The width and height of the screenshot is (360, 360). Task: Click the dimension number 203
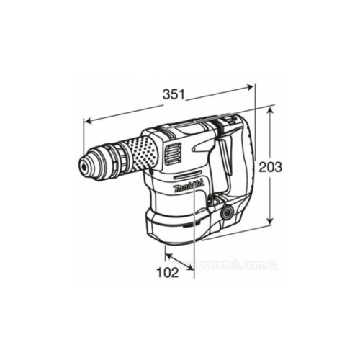pyautogui.click(x=269, y=166)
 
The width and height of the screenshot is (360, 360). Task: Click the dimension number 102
pyautogui.click(x=168, y=272)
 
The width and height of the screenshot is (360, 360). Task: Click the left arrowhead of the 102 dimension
pyautogui.click(x=167, y=252)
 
